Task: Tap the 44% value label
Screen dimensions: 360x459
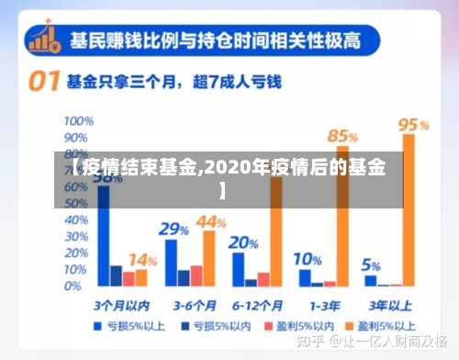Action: click(211, 221)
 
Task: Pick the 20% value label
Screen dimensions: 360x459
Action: click(243, 243)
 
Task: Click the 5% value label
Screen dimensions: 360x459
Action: click(371, 266)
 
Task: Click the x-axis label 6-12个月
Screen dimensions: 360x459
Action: click(256, 304)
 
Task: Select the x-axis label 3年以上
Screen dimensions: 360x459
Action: click(389, 304)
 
